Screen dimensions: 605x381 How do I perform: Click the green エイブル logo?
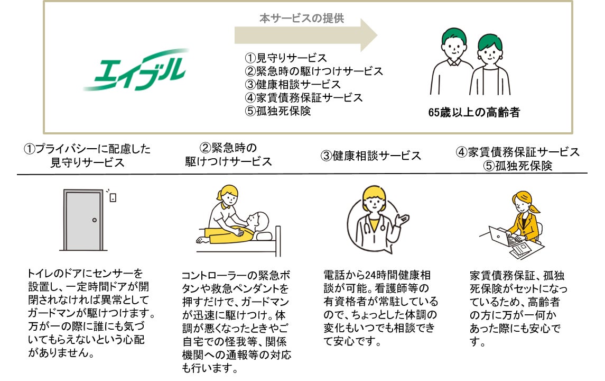tap(136, 69)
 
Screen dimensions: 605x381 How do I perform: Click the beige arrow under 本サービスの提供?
tap(305, 35)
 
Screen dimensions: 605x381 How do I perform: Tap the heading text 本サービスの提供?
tap(301, 18)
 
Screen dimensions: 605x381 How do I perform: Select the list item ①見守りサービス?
tap(286, 58)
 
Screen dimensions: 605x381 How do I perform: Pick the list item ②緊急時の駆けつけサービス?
tap(314, 71)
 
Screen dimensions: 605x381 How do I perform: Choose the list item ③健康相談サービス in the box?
tap(293, 84)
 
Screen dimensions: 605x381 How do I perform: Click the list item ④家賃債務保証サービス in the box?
tap(304, 97)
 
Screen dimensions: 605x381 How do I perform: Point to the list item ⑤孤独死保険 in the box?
tap(278, 111)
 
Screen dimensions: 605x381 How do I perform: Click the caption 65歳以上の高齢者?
tap(474, 112)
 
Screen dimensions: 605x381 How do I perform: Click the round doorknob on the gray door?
tap(95, 220)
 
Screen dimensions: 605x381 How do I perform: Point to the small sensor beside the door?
tap(113, 197)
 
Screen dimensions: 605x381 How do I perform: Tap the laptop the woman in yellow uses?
tap(500, 237)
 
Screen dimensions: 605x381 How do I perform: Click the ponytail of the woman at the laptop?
tap(535, 208)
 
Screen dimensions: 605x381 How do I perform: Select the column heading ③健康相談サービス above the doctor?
tap(370, 156)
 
